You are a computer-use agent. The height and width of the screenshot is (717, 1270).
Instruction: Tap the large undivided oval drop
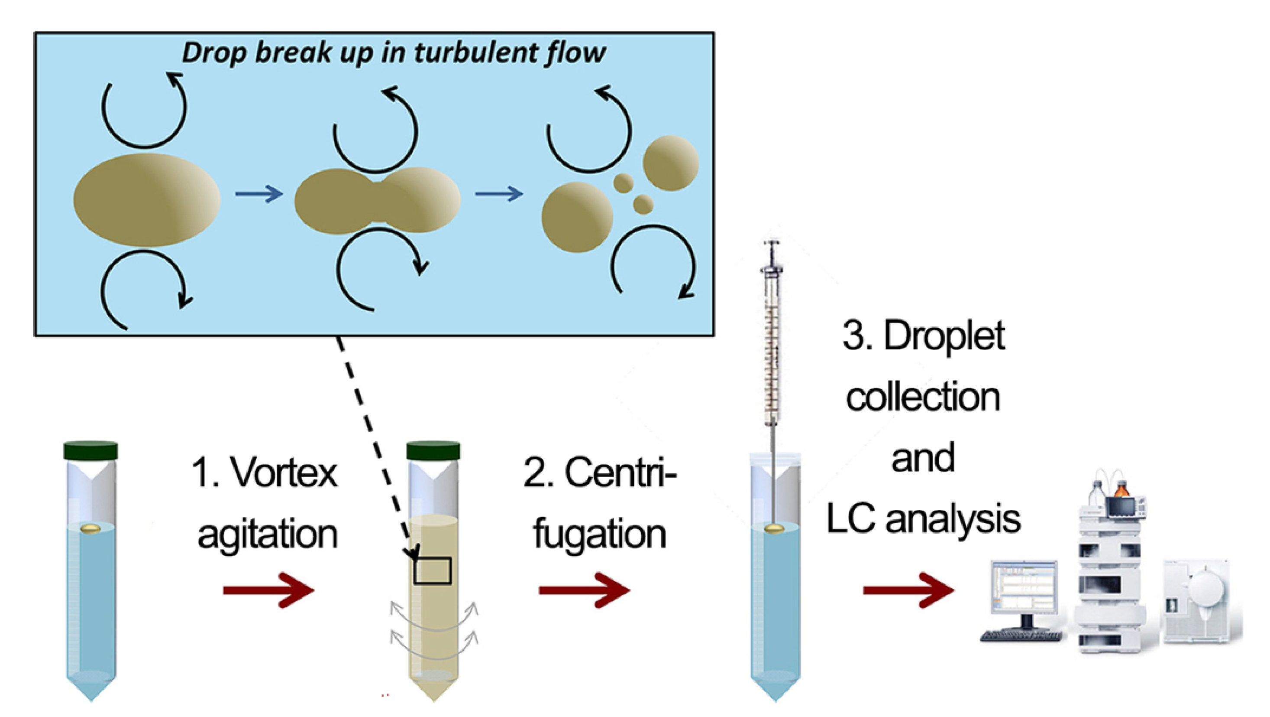(146, 200)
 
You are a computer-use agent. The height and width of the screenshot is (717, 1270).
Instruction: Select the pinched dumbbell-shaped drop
(377, 200)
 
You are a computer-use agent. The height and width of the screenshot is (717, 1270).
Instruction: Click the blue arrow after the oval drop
(259, 193)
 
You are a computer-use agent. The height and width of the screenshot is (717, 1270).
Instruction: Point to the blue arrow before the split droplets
(498, 193)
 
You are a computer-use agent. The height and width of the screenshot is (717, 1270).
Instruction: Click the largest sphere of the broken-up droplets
(577, 218)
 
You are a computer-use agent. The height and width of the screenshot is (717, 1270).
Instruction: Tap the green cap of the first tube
(91, 450)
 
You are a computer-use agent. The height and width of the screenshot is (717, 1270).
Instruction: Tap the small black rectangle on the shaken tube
(433, 571)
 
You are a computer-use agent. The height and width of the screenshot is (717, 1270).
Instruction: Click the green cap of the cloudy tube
(433, 450)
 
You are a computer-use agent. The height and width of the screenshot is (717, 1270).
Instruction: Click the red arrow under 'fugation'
(584, 590)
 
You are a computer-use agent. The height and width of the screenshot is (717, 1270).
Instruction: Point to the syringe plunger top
(772, 243)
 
